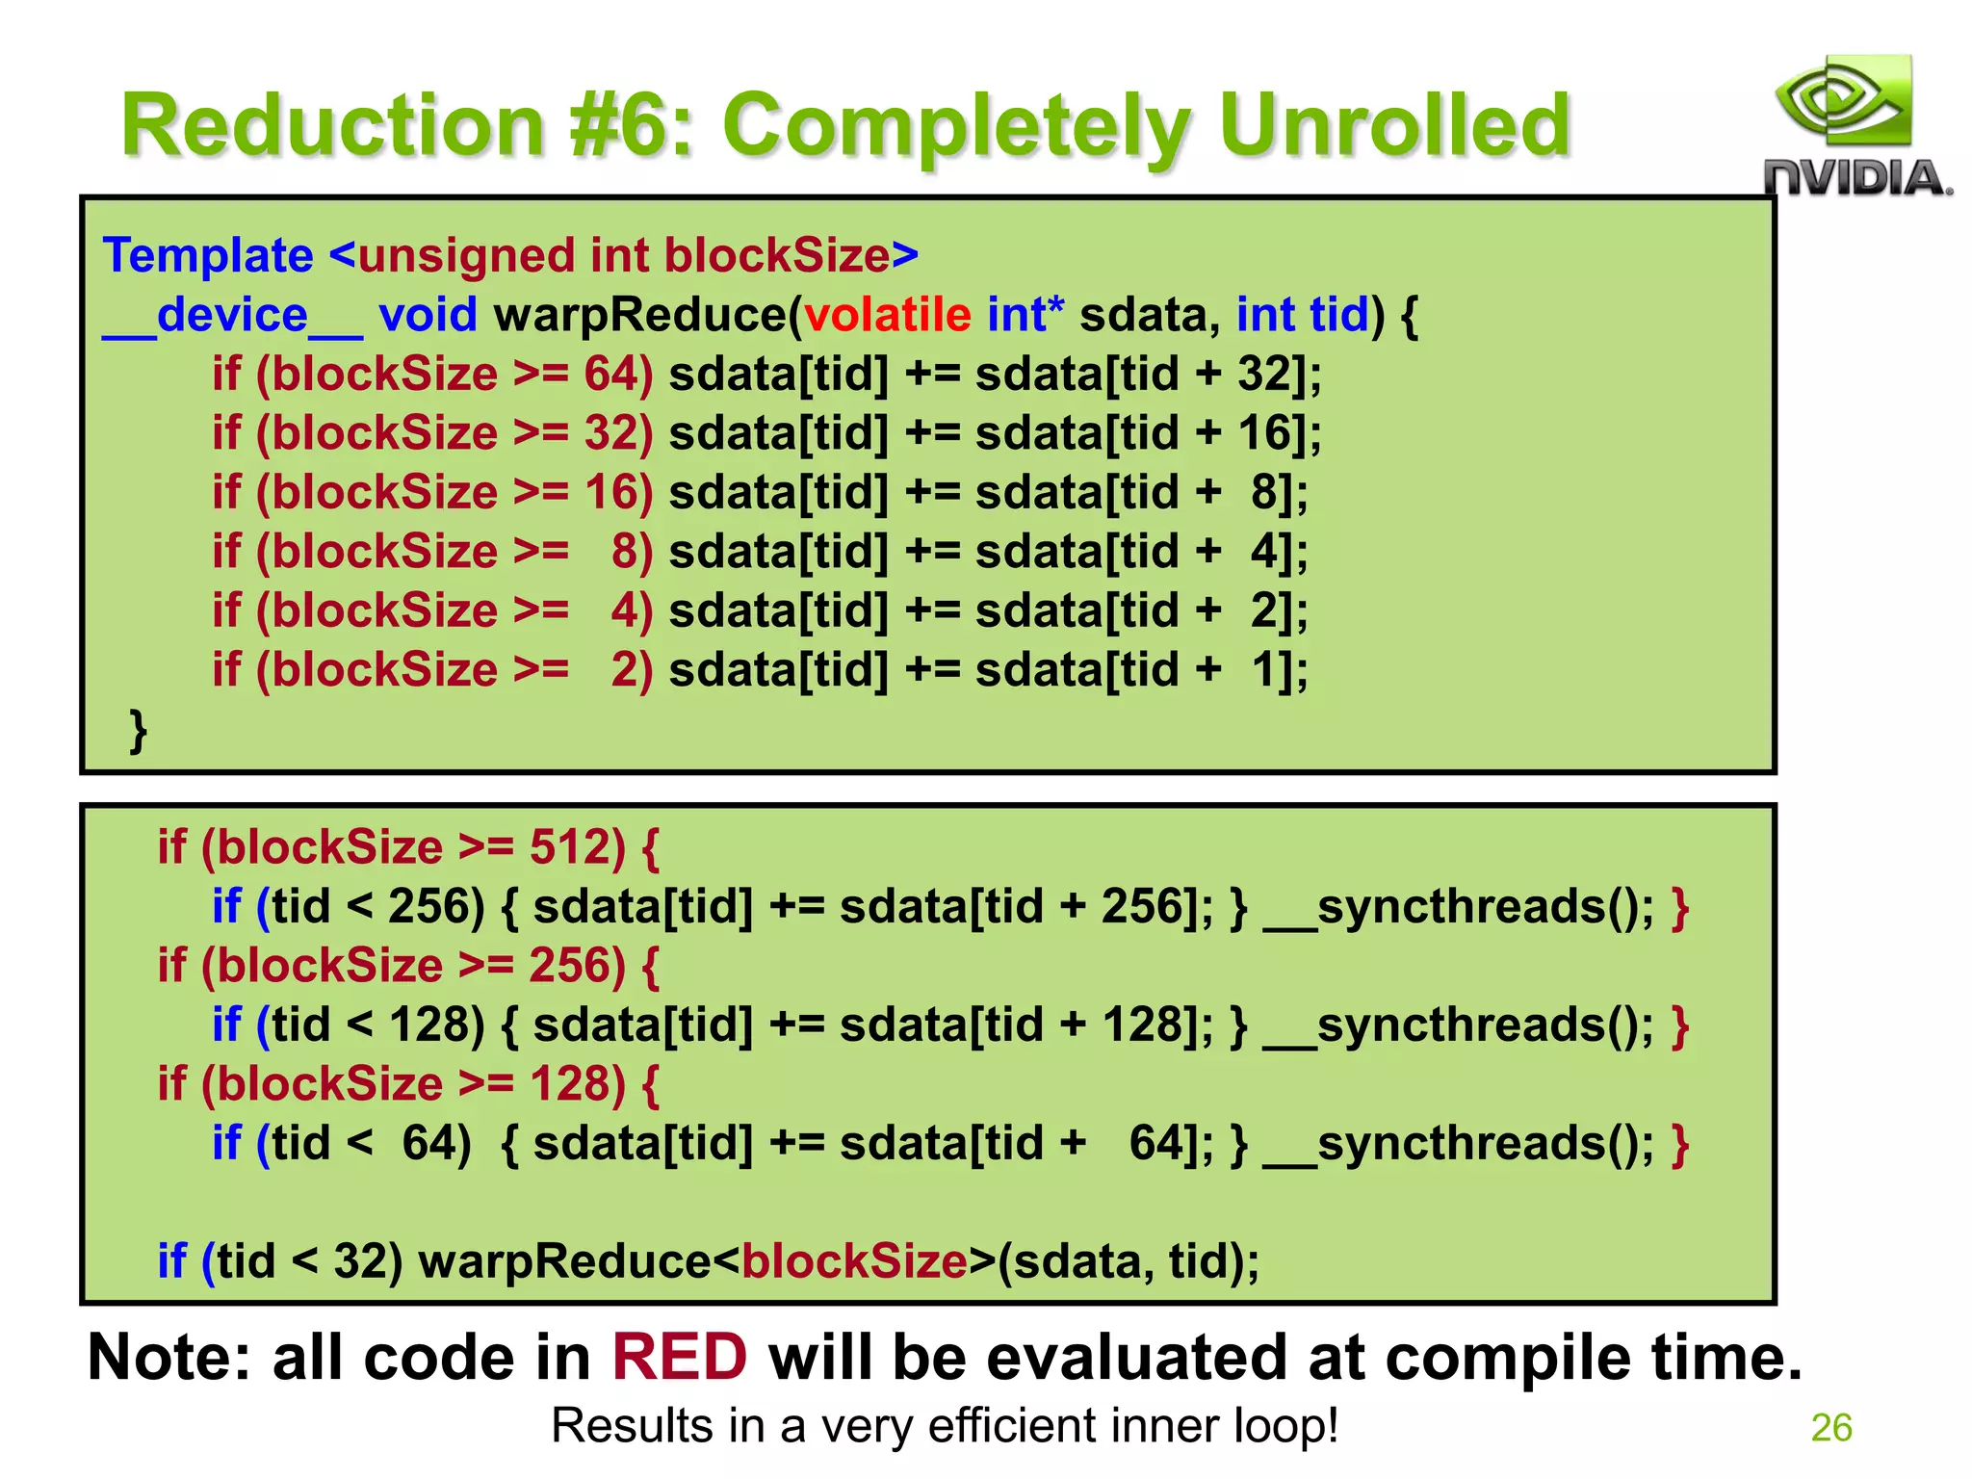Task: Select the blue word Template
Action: pyautogui.click(x=208, y=256)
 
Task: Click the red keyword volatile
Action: pyautogui.click(x=888, y=315)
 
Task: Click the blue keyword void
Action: pyautogui.click(x=428, y=315)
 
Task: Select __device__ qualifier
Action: pyautogui.click(x=232, y=315)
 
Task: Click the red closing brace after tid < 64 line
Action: pyautogui.click(x=1680, y=1144)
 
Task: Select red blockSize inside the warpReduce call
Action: pyautogui.click(x=854, y=1261)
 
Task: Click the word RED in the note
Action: pyautogui.click(x=679, y=1358)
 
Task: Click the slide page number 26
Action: pyautogui.click(x=1830, y=1428)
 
